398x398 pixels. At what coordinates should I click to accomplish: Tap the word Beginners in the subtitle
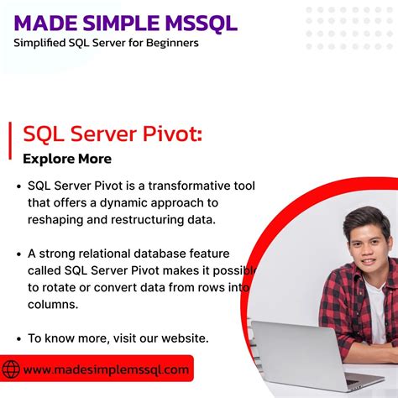tap(171, 42)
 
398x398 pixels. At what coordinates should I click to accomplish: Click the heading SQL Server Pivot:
tap(112, 134)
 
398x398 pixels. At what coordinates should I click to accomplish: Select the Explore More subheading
tap(67, 159)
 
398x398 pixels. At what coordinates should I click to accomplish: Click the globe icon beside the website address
tap(11, 369)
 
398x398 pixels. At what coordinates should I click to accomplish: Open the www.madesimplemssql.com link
tap(106, 369)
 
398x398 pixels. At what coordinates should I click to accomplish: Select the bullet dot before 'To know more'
tap(18, 338)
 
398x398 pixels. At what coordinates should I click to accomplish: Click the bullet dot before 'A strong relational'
tap(18, 254)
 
